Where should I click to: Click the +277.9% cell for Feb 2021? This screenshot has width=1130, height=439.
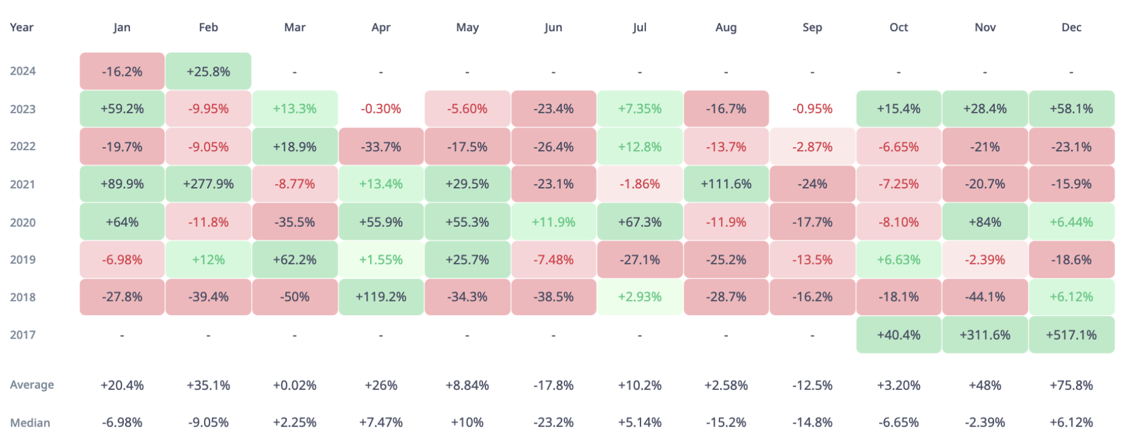click(x=208, y=184)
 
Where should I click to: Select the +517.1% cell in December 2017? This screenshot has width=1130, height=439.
click(x=1071, y=335)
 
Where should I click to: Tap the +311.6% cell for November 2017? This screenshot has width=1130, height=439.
click(x=985, y=335)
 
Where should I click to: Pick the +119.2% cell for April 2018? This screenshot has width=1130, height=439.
click(x=381, y=297)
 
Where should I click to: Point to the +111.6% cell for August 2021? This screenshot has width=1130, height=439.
click(x=726, y=184)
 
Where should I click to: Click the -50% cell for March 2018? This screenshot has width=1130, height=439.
click(x=294, y=297)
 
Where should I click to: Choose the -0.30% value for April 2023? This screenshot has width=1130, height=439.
click(x=381, y=109)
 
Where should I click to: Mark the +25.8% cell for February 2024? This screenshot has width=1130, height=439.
click(x=208, y=71)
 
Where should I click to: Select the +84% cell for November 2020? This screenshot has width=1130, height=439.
click(x=985, y=222)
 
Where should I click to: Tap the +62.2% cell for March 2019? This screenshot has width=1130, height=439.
click(x=294, y=260)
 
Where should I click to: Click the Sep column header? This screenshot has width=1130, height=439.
click(x=812, y=28)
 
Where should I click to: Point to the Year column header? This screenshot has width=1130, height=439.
click(x=22, y=28)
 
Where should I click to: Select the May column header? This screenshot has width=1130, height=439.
click(x=467, y=28)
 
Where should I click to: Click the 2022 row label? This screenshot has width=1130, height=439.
click(x=23, y=147)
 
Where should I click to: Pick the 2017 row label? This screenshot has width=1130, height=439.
click(x=23, y=335)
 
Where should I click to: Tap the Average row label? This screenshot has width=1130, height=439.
click(x=32, y=385)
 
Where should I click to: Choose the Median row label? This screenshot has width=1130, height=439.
click(x=30, y=423)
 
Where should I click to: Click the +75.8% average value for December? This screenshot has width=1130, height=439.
click(x=1071, y=385)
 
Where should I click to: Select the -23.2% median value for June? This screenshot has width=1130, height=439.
click(x=554, y=423)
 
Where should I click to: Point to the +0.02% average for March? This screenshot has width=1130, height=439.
click(x=294, y=385)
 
